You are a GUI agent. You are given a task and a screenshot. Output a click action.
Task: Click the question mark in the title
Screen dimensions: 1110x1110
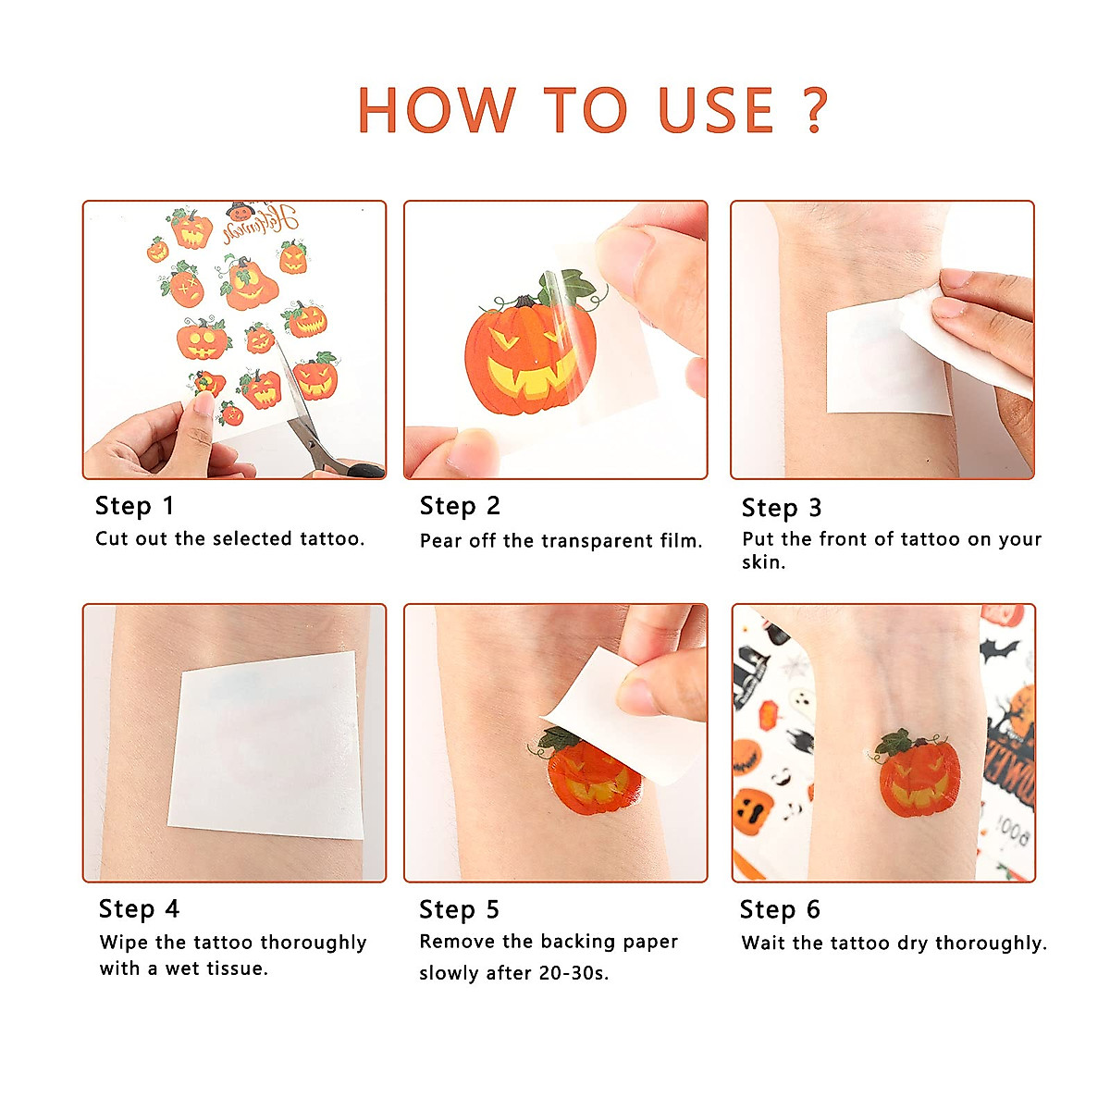[814, 110]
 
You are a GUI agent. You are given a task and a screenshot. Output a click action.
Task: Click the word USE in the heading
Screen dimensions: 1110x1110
[715, 110]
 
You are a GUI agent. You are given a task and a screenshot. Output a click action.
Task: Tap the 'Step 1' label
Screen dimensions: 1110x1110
[134, 506]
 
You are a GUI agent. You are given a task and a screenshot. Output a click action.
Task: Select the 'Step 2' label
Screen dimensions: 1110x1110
[460, 506]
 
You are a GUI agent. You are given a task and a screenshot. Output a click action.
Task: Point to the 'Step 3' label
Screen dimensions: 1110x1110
[781, 508]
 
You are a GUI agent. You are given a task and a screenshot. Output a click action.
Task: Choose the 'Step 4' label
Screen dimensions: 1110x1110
[139, 909]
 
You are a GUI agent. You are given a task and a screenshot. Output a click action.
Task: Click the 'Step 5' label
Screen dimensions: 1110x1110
[459, 910]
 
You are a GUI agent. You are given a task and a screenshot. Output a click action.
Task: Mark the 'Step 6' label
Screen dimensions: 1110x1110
[780, 910]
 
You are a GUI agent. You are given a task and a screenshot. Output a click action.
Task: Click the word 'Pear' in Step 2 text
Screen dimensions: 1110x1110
[440, 541]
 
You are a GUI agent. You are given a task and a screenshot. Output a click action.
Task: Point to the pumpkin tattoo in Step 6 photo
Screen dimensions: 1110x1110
[916, 774]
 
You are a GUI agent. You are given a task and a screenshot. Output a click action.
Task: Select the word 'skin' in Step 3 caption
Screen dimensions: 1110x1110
[761, 562]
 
